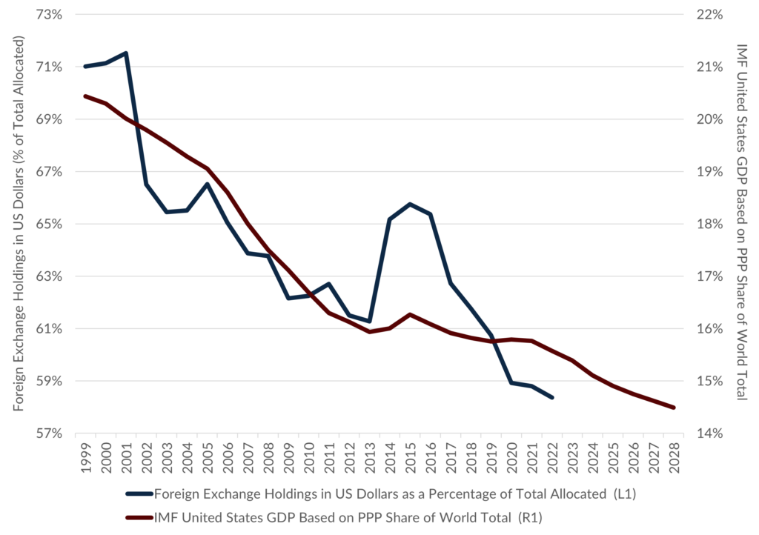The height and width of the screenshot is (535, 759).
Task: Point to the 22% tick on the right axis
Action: point(707,15)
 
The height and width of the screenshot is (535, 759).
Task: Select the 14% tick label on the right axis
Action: point(707,433)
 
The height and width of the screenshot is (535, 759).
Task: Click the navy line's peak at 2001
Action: point(126,53)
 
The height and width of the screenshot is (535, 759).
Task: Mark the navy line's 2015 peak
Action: point(410,204)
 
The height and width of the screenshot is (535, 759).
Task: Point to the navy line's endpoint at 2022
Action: point(552,398)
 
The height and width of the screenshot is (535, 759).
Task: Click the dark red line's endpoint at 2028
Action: point(673,408)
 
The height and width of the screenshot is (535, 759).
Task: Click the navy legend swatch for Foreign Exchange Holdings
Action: point(138,494)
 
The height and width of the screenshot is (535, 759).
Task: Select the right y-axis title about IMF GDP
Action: point(742,222)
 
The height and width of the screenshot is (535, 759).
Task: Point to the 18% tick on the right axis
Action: point(707,224)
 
